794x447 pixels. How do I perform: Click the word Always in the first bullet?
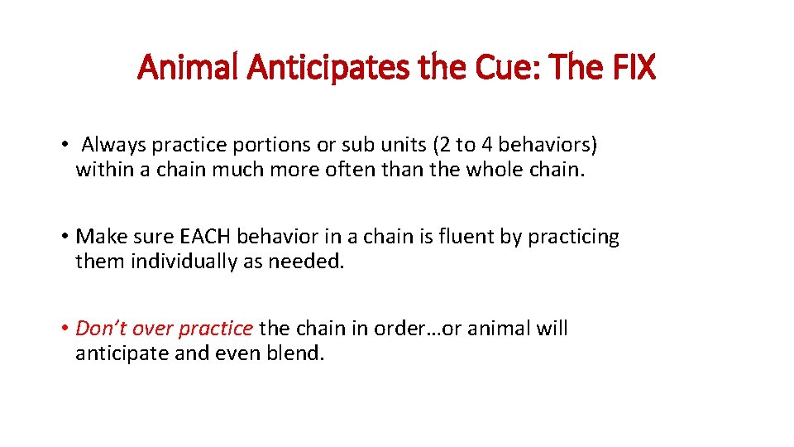[x=112, y=146]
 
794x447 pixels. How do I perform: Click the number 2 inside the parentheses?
[x=444, y=146]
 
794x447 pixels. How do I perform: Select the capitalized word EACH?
[x=204, y=237]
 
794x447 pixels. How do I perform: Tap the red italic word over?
[x=152, y=328]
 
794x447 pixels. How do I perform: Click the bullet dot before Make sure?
[x=64, y=237]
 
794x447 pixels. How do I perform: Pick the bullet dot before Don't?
[x=64, y=328]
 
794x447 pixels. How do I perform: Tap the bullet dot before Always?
[x=64, y=146]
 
